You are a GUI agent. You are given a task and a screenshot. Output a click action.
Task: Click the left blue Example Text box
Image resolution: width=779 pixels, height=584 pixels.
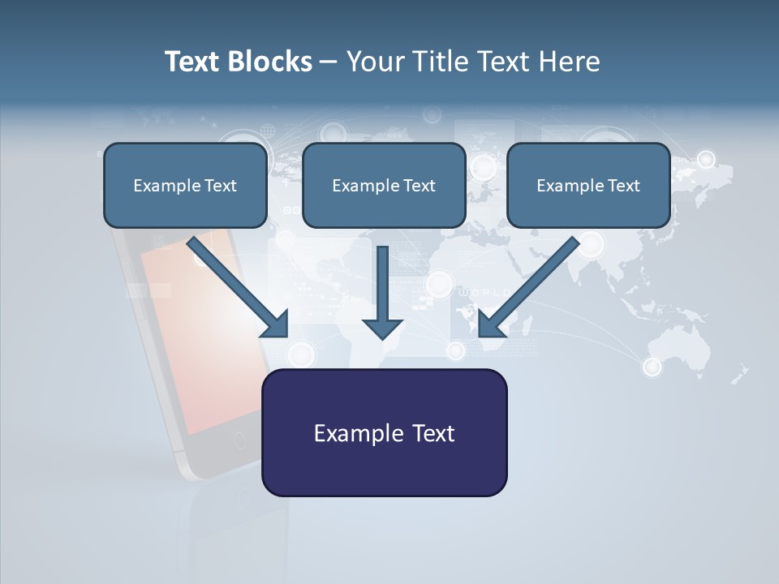(185, 186)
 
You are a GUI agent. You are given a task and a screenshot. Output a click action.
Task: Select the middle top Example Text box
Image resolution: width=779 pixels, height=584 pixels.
(384, 186)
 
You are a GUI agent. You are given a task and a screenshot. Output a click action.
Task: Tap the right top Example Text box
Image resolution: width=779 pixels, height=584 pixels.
(588, 186)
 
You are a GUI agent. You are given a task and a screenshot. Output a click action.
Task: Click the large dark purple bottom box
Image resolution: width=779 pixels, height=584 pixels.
(384, 432)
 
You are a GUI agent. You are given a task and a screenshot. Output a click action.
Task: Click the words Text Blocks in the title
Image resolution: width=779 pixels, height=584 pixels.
(238, 62)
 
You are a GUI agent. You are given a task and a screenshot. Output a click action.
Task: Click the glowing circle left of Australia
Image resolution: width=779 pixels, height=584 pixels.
(652, 367)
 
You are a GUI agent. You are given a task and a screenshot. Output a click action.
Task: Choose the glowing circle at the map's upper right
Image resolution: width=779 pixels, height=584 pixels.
(706, 159)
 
